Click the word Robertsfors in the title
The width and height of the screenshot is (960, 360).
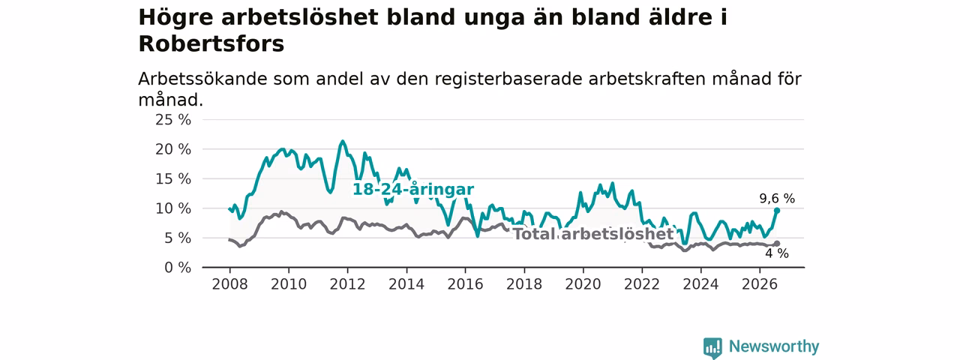pyautogui.click(x=211, y=43)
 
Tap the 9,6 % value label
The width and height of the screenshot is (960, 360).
pyautogui.click(x=777, y=199)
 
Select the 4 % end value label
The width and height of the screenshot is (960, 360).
pyautogui.click(x=776, y=253)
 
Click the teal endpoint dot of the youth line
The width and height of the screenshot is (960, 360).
pyautogui.click(x=776, y=211)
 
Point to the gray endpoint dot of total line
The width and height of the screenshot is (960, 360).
pyautogui.click(x=776, y=244)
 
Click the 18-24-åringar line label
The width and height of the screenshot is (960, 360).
pyautogui.click(x=413, y=189)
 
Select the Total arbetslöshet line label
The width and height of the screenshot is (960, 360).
pyautogui.click(x=593, y=234)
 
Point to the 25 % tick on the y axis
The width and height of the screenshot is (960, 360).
pyautogui.click(x=173, y=119)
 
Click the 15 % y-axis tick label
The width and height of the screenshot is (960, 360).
pyautogui.click(x=173, y=178)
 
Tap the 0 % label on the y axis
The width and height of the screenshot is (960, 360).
pyautogui.click(x=178, y=268)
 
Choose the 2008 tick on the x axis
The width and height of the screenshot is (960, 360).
pyautogui.click(x=229, y=284)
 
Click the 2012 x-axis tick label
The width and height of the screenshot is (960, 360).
pyautogui.click(x=347, y=284)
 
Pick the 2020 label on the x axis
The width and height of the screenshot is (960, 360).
pyautogui.click(x=583, y=284)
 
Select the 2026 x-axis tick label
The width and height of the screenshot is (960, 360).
pyautogui.click(x=760, y=284)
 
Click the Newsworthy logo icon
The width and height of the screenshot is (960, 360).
pyautogui.click(x=712, y=347)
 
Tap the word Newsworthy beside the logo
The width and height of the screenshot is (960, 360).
pyautogui.click(x=774, y=346)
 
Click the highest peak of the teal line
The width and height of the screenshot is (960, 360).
pyautogui.click(x=342, y=141)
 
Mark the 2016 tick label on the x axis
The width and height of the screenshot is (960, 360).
pyautogui.click(x=466, y=284)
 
